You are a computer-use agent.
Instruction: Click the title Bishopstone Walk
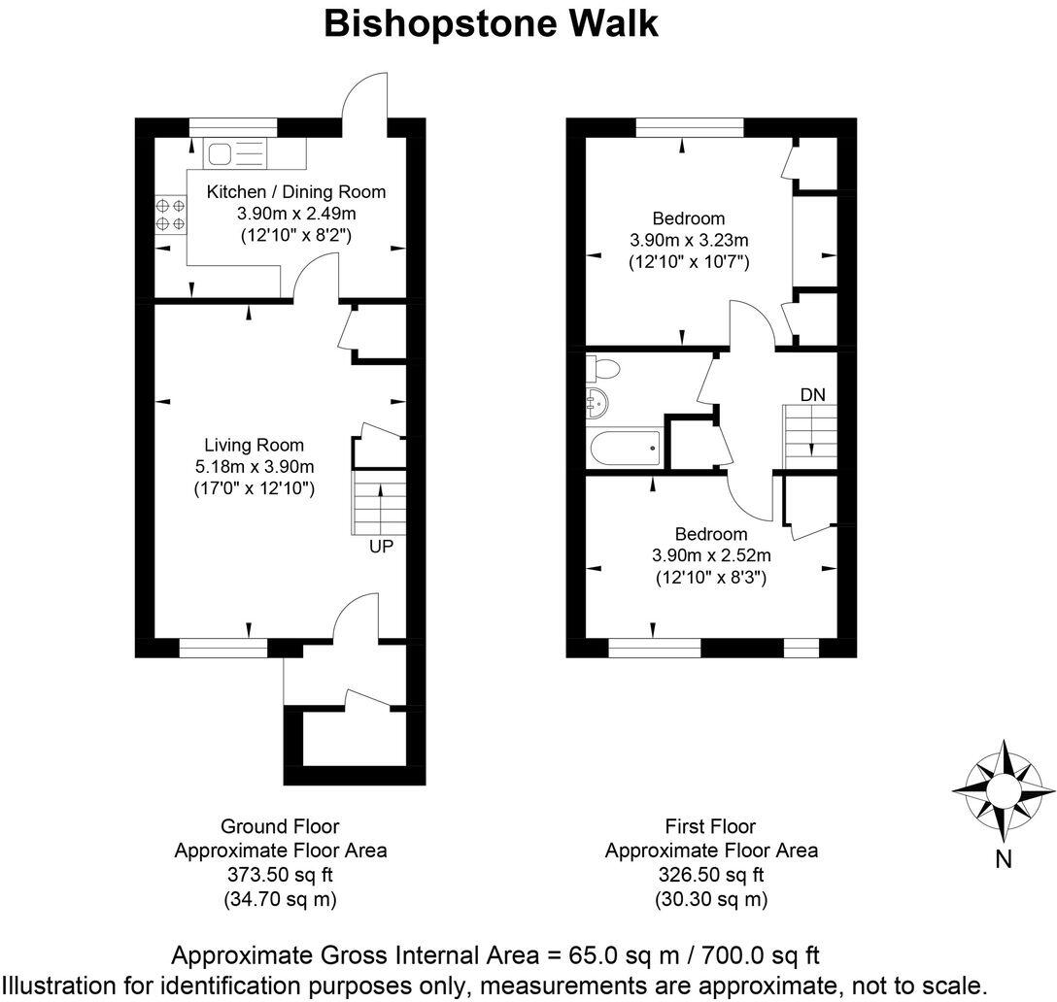click(491, 23)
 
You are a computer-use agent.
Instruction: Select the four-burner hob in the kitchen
click(170, 215)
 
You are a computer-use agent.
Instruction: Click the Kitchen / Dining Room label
click(296, 191)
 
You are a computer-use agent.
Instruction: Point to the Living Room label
click(255, 445)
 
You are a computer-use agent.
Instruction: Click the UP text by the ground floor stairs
click(381, 547)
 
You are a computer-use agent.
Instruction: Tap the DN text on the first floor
click(813, 394)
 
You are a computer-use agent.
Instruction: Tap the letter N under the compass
click(1005, 858)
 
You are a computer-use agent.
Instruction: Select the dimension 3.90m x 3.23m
click(689, 240)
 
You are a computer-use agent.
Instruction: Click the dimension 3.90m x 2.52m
click(711, 555)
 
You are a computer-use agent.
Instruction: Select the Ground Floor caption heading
click(280, 826)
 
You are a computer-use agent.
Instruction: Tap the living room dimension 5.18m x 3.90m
click(255, 466)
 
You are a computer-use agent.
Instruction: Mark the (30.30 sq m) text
click(711, 899)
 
